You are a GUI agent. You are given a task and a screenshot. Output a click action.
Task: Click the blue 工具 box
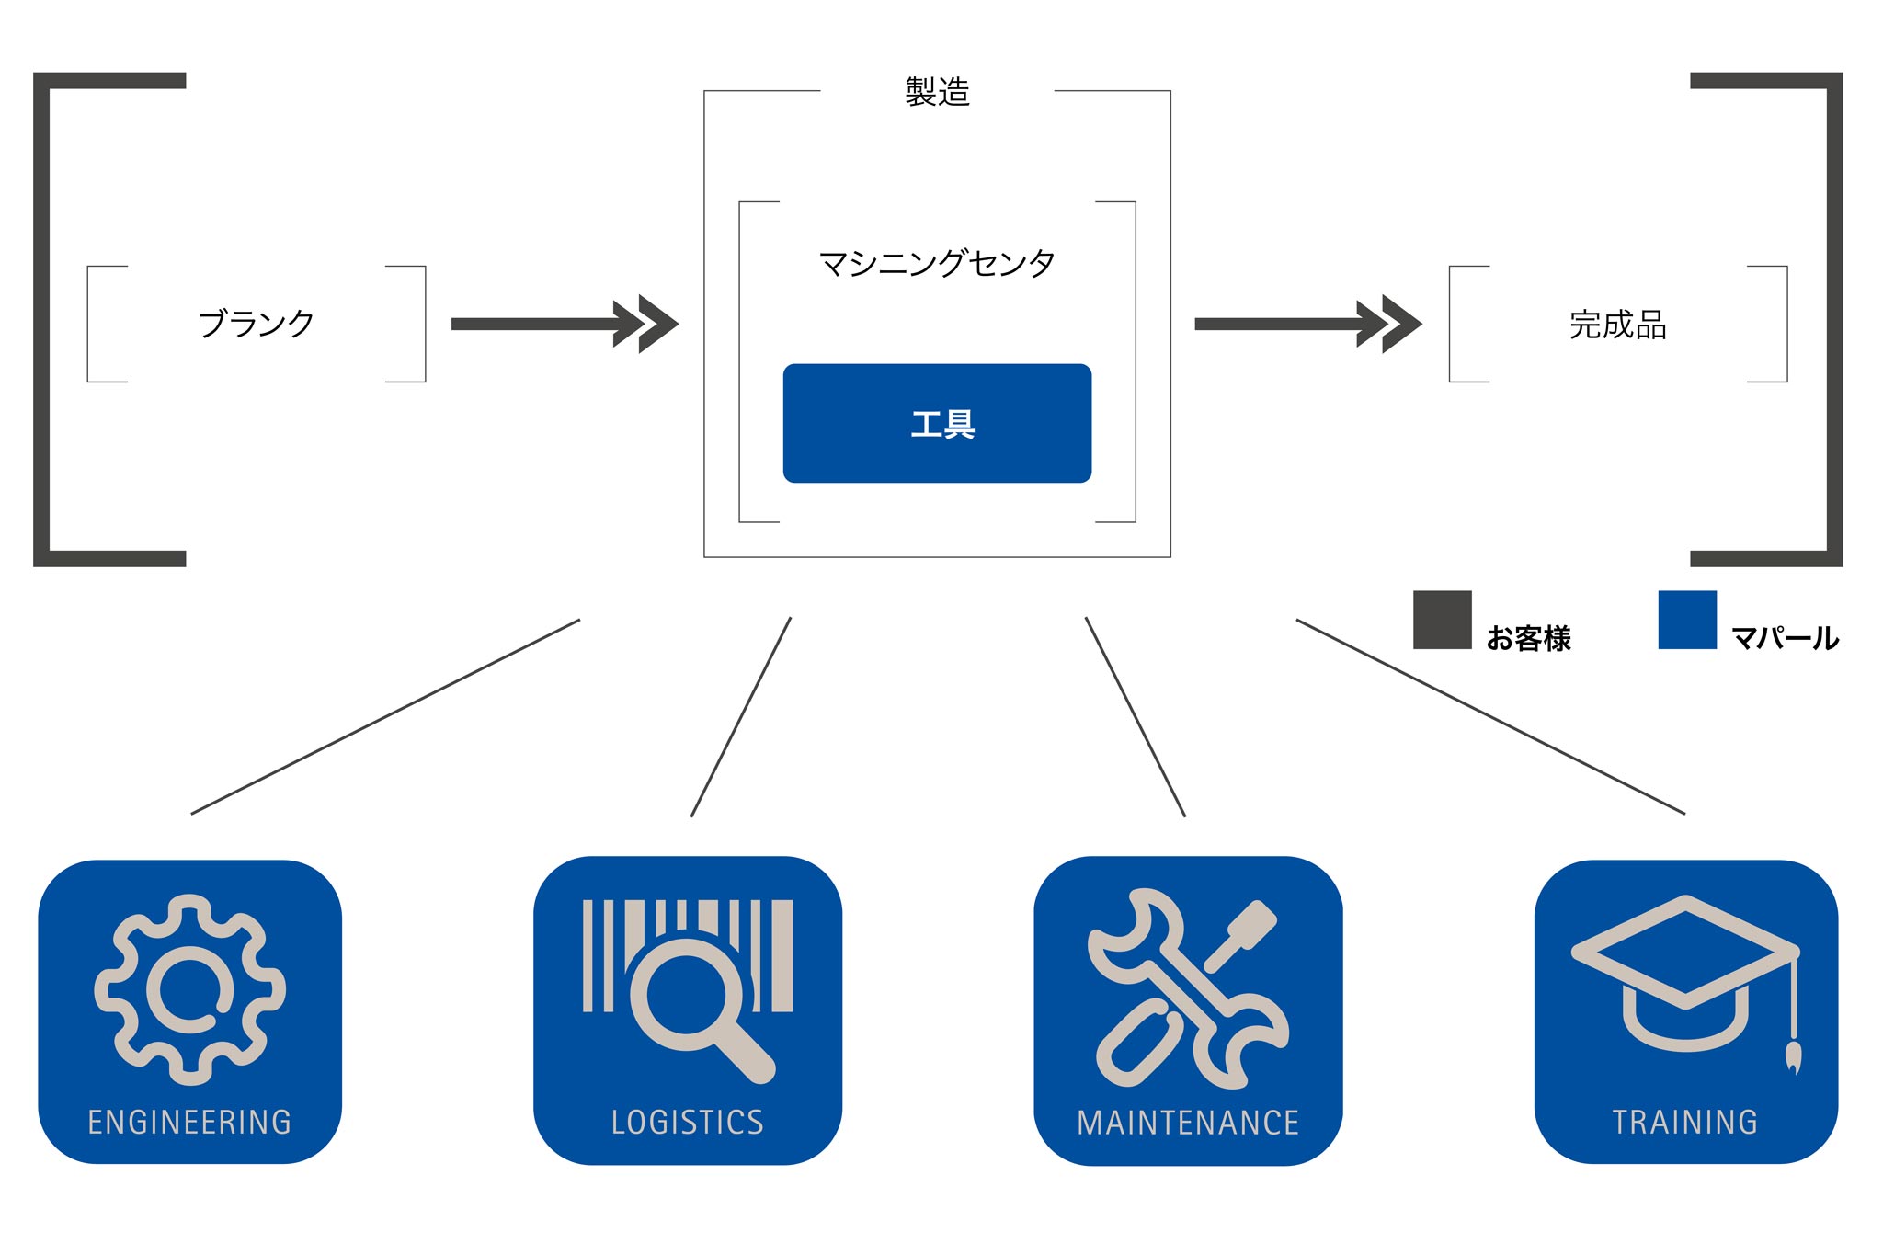click(x=937, y=423)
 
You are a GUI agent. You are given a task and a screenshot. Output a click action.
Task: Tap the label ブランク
click(x=257, y=324)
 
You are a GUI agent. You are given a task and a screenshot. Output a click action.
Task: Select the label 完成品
click(x=1617, y=325)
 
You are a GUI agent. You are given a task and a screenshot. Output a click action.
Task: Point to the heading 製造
click(x=937, y=92)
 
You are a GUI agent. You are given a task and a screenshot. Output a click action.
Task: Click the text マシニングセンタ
click(x=937, y=264)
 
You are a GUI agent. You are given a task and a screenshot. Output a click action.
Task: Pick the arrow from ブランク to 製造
click(x=563, y=324)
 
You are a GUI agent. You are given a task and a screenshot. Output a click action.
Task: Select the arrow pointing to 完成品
click(x=1307, y=324)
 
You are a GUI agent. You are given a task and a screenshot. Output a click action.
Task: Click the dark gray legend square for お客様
click(x=1442, y=620)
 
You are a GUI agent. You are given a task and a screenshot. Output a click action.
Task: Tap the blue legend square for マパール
click(x=1687, y=620)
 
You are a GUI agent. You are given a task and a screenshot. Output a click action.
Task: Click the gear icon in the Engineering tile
click(x=189, y=989)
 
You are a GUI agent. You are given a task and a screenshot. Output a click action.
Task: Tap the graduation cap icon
click(x=1684, y=965)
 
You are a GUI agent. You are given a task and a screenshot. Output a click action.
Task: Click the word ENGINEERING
click(x=189, y=1122)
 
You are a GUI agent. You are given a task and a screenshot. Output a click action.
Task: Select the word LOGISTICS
click(x=688, y=1122)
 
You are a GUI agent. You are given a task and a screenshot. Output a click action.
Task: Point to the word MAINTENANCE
click(x=1188, y=1123)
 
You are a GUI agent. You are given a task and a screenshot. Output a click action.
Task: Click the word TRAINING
click(x=1685, y=1122)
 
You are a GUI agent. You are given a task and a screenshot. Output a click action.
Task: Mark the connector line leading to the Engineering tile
click(x=385, y=716)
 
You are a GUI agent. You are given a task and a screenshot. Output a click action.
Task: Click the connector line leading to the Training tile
click(x=1490, y=716)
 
